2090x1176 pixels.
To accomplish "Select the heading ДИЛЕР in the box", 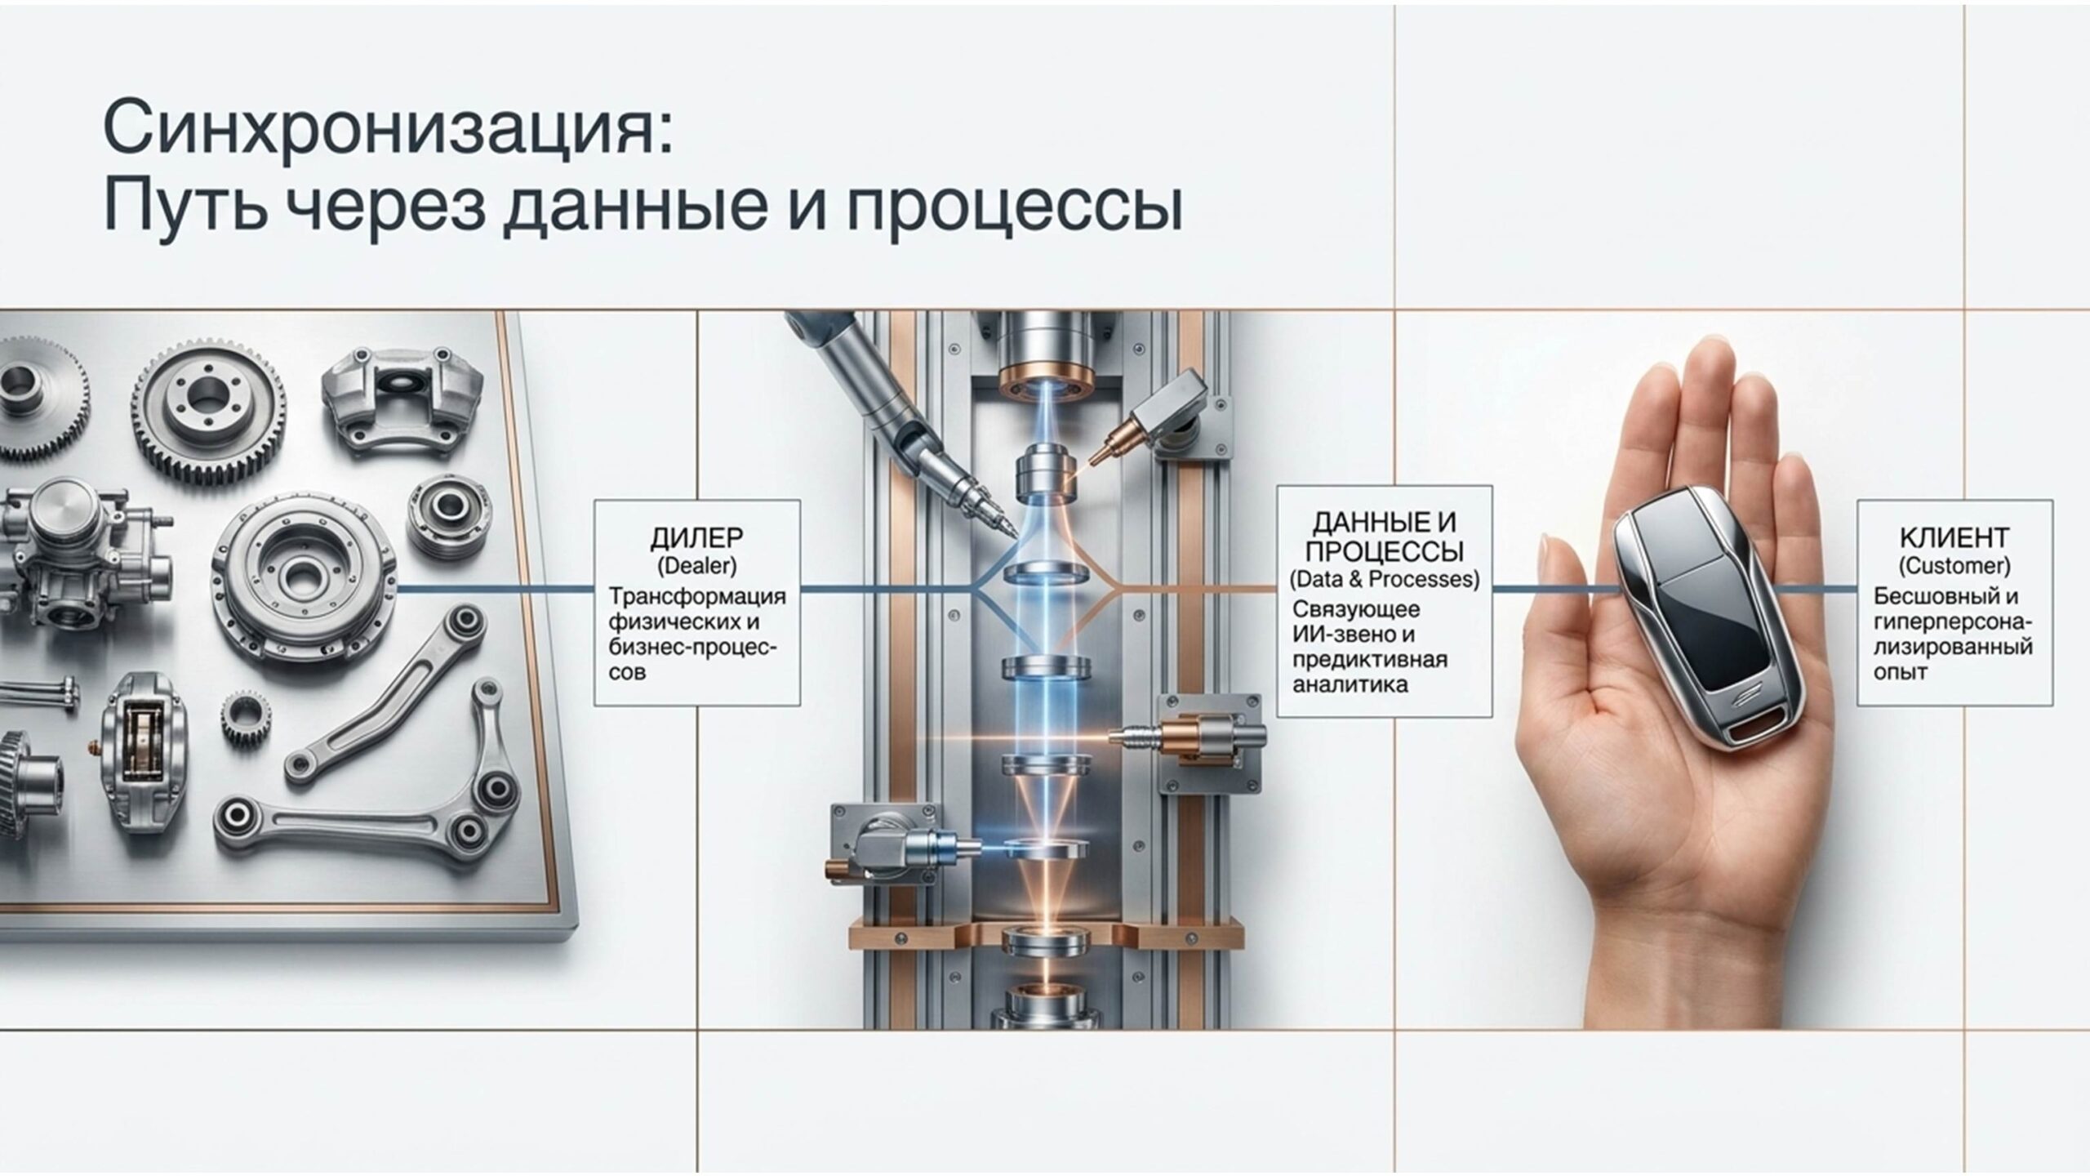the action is (696, 538).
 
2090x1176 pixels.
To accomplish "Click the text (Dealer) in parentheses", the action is (696, 565).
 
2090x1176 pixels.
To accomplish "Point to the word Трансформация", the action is (696, 596).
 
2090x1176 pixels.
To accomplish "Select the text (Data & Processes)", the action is (1384, 580).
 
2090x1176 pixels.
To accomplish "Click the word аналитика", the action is (1350, 684).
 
